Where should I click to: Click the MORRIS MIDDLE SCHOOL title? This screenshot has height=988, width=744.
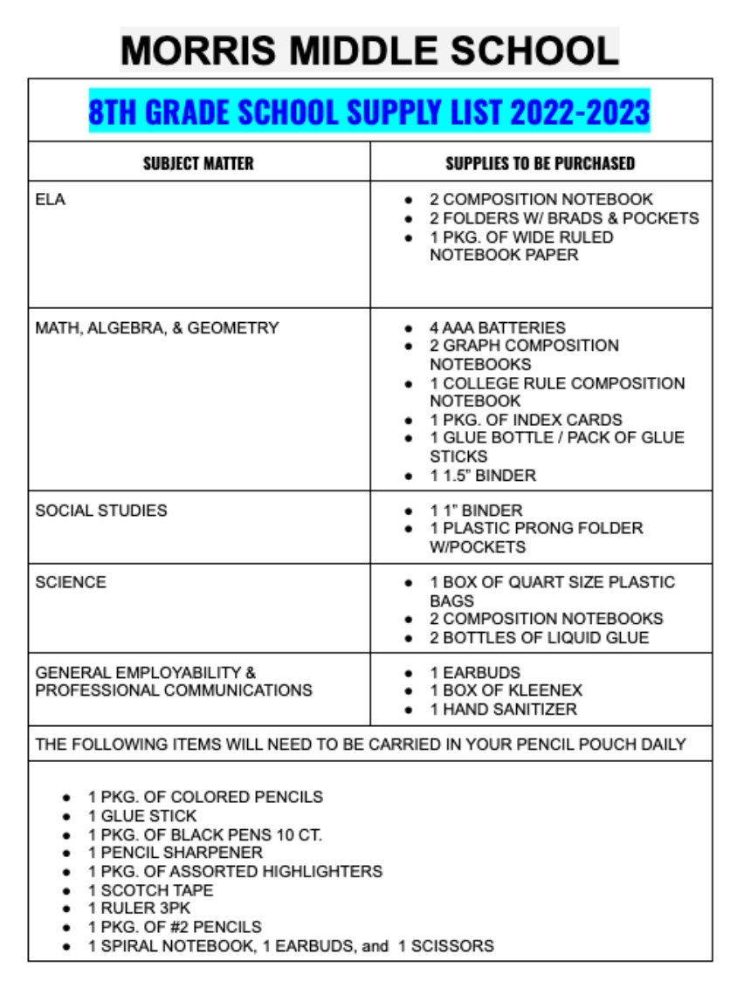tap(369, 50)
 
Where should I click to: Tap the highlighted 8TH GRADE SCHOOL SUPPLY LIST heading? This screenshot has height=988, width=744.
tap(369, 112)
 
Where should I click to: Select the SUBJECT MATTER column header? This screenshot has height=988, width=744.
tap(198, 163)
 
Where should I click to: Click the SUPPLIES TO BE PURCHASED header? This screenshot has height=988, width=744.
tap(541, 163)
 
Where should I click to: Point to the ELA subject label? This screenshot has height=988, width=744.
tap(50, 200)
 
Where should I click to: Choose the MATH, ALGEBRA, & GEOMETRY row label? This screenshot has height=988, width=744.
tap(157, 328)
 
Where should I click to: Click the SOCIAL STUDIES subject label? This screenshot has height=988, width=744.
tap(101, 511)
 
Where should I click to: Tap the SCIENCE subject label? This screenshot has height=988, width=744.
tap(71, 582)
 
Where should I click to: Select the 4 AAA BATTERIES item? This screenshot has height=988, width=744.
tap(498, 328)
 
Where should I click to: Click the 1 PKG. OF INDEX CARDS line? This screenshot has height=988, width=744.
tap(526, 420)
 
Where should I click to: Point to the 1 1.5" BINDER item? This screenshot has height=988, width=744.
tap(483, 476)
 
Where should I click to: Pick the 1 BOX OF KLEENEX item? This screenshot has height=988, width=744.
tap(506, 690)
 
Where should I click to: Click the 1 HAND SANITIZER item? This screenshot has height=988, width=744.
tap(503, 710)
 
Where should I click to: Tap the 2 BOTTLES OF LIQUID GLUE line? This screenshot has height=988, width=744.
tap(539, 638)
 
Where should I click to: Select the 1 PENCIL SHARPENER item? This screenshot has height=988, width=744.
tap(176, 853)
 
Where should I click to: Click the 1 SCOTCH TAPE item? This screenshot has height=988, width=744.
tap(151, 890)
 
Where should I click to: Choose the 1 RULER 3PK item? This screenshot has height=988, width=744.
tap(140, 909)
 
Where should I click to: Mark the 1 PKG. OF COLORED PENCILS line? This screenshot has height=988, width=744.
tap(205, 797)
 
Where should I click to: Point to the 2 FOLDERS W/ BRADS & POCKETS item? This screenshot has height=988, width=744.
tap(564, 218)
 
